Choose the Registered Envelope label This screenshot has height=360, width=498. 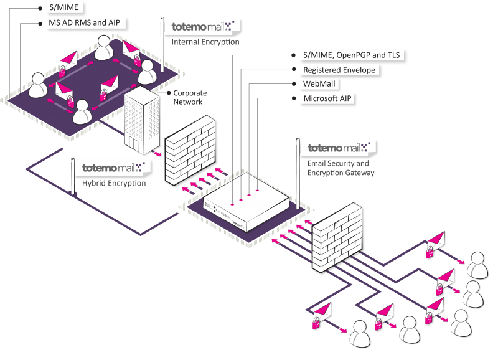point(338,70)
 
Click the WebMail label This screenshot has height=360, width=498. point(321,84)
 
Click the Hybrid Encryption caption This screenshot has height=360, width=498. point(114,183)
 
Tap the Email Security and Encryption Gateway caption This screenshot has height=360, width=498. point(341,168)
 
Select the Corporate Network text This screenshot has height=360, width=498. point(190,97)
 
